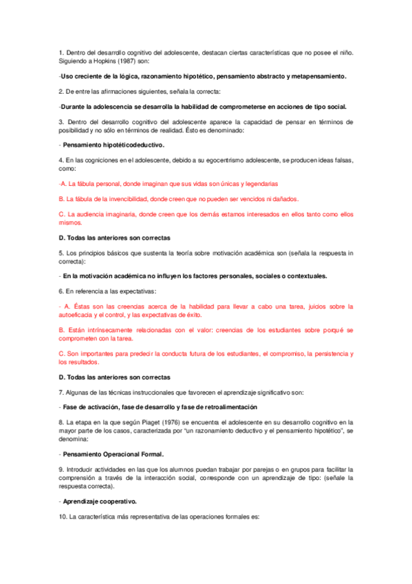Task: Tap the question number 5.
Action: tap(61, 253)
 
